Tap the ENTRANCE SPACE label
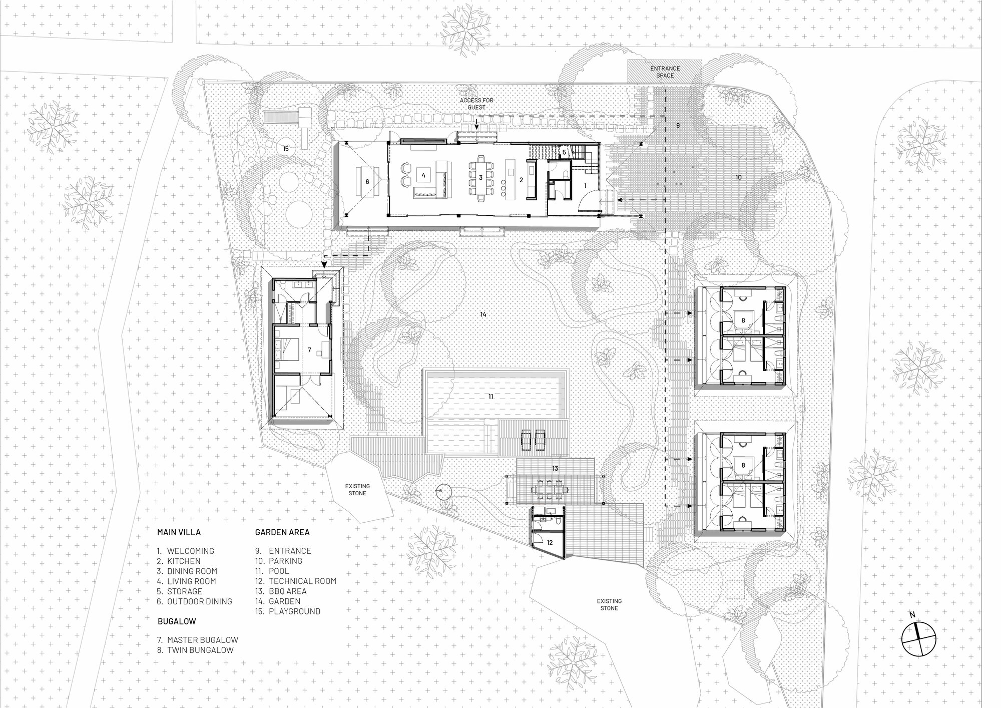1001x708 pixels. click(665, 72)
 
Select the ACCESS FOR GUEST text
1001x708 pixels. click(477, 104)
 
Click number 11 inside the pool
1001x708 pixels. click(491, 396)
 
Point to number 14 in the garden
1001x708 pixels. click(483, 314)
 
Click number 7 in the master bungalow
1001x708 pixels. click(310, 350)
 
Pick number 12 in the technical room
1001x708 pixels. click(549, 542)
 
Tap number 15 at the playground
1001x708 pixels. click(286, 149)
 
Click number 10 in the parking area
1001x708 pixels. click(738, 177)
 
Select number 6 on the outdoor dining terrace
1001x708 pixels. click(367, 182)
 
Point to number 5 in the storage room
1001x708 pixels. click(564, 151)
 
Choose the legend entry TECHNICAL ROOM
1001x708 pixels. click(302, 581)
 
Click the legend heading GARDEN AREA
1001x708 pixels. click(282, 532)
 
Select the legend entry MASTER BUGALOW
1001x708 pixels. click(203, 640)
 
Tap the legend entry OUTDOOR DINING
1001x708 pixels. click(200, 601)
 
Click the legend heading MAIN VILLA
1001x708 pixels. click(179, 532)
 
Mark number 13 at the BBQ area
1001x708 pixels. click(555, 469)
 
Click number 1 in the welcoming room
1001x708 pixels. click(585, 185)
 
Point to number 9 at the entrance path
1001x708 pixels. click(678, 125)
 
